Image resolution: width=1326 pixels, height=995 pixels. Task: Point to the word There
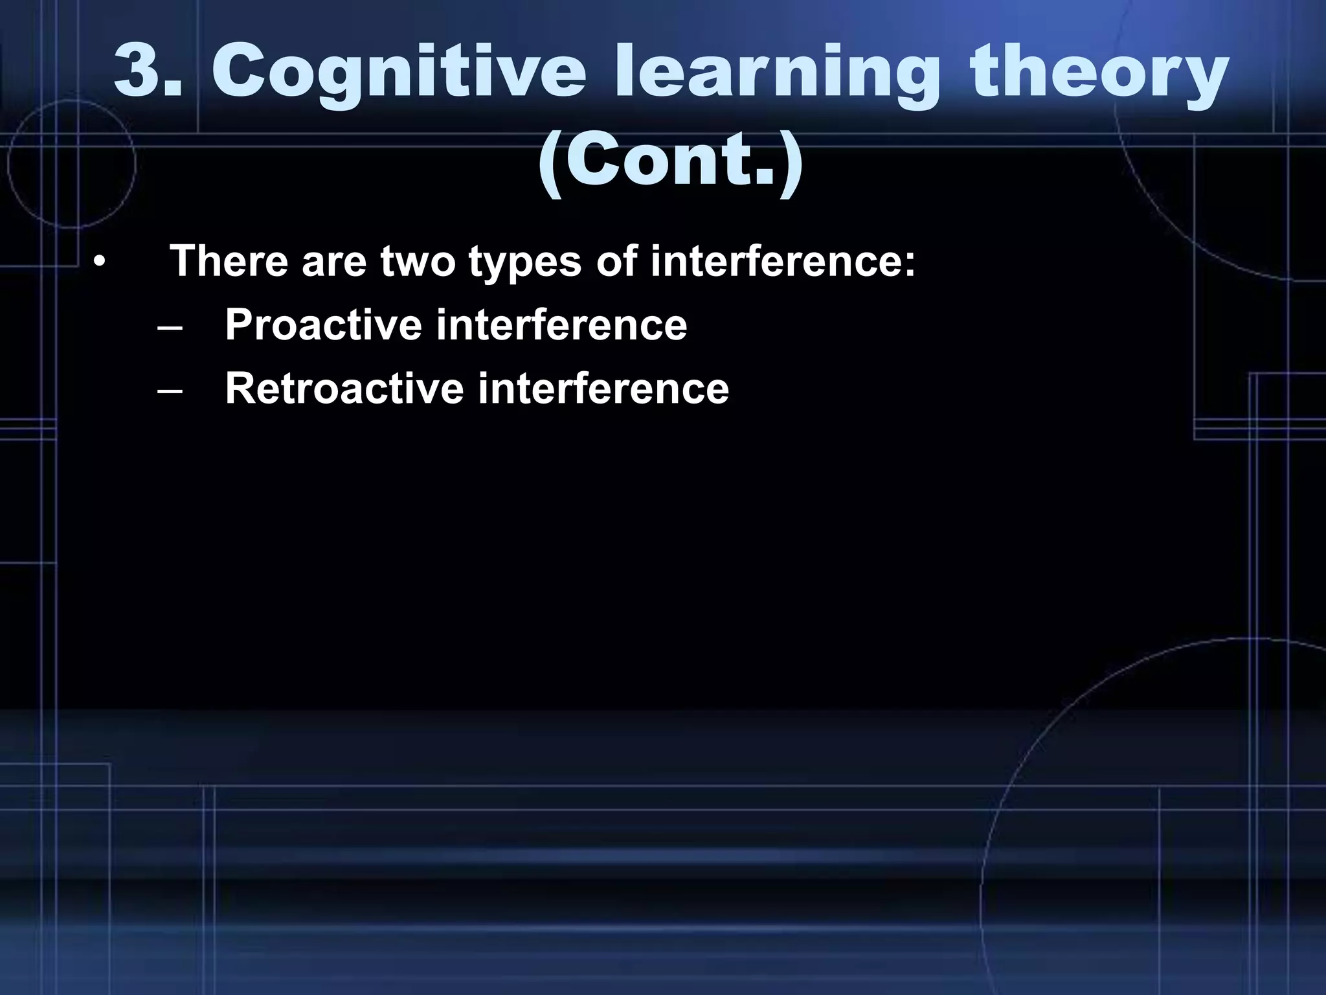tap(229, 261)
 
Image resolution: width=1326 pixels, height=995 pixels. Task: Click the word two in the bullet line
tap(417, 261)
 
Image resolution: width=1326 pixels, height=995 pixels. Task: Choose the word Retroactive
tap(344, 389)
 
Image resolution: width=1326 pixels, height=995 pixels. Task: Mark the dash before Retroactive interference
tap(169, 391)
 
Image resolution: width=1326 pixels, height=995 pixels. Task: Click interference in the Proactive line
tap(561, 325)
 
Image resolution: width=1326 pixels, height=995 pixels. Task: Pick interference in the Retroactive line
tap(603, 389)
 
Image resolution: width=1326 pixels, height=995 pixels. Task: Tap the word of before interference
tap(616, 261)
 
